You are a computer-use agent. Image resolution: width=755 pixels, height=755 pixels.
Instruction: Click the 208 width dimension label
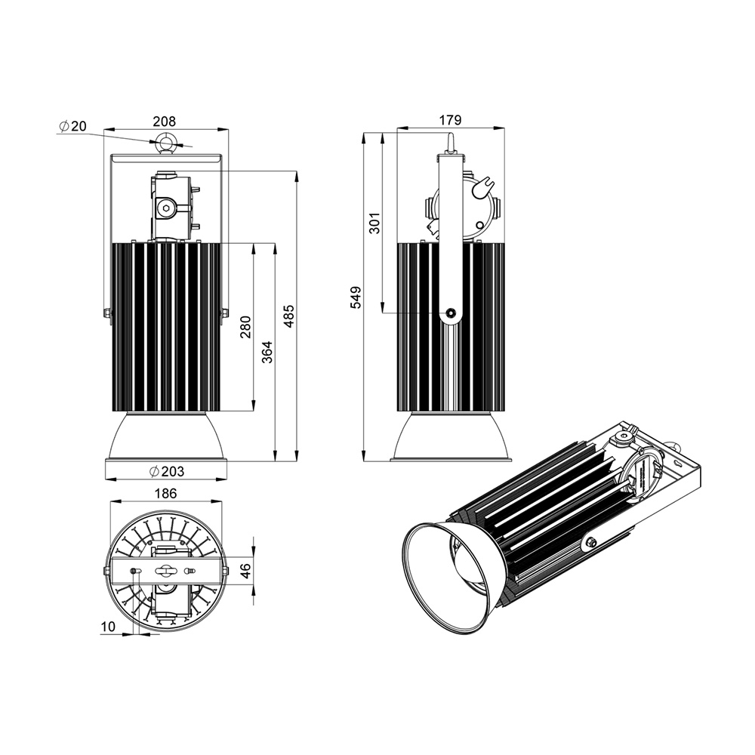pos(165,122)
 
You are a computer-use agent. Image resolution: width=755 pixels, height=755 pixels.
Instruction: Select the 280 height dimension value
pos(245,327)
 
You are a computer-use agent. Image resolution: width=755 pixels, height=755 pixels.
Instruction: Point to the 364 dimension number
pos(267,352)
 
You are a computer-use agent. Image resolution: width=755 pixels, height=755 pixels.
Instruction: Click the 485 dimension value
pos(288,316)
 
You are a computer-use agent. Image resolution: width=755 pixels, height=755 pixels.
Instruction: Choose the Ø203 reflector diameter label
pos(167,471)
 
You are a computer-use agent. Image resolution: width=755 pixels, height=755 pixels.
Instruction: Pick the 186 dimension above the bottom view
pos(165,493)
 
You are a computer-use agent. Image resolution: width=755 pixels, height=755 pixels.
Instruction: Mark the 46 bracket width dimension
pos(245,571)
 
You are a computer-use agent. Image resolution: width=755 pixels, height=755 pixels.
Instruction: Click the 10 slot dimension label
pos(108,627)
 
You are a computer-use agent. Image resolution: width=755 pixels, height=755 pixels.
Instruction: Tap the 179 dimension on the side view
pos(450,119)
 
